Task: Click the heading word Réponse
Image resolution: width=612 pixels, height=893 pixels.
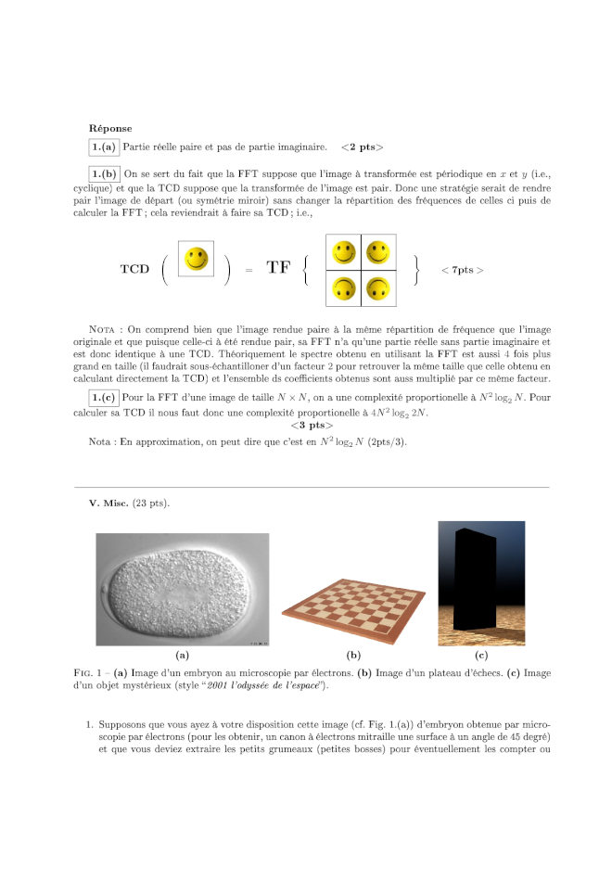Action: point(110,128)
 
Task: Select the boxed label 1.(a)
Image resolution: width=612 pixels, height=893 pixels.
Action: point(103,147)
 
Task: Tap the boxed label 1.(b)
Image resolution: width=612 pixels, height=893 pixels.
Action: point(103,173)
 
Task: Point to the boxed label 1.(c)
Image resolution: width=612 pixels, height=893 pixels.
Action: point(103,397)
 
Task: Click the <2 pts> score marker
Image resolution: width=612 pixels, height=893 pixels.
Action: point(362,147)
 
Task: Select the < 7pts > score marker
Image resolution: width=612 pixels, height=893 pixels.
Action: point(462,270)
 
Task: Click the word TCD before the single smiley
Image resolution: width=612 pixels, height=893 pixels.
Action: point(134,270)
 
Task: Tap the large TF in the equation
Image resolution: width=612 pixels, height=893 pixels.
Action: point(279,269)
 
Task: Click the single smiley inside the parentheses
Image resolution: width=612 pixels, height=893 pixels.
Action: point(196,260)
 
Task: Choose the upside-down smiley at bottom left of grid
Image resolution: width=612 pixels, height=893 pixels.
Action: point(344,287)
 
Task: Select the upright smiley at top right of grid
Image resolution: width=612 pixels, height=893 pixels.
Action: point(377,251)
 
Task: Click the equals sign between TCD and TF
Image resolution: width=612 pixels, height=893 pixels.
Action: point(249,270)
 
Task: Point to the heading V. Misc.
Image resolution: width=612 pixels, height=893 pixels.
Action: point(108,503)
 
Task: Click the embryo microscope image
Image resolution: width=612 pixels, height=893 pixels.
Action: point(183,589)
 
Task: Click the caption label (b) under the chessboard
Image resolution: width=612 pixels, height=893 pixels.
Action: point(352,655)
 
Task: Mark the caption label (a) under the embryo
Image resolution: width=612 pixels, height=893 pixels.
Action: point(183,655)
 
